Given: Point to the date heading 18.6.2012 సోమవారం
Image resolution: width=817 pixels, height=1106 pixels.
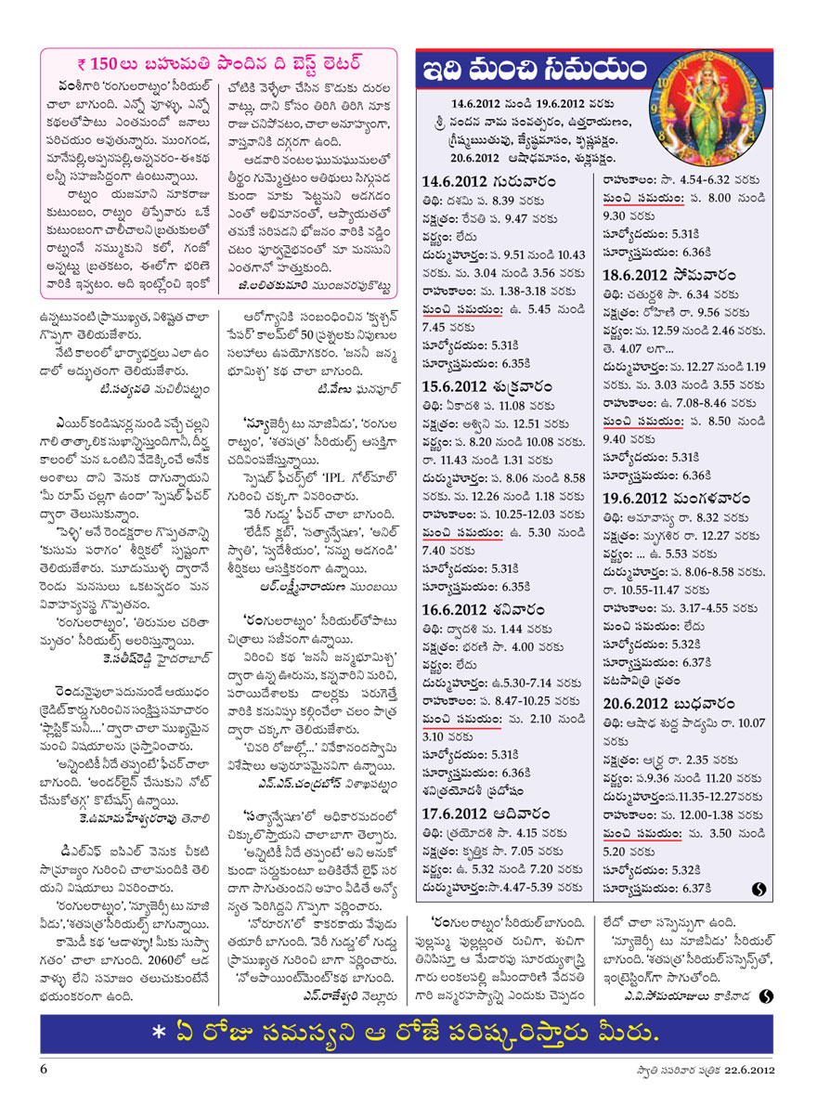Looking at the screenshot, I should pos(663,277).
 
